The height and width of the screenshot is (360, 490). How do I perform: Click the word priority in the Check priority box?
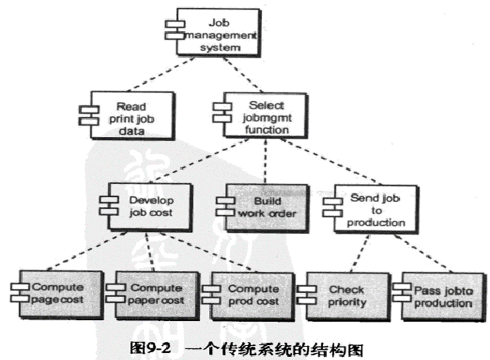click(x=347, y=302)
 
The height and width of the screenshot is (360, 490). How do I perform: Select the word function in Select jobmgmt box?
click(x=266, y=129)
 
